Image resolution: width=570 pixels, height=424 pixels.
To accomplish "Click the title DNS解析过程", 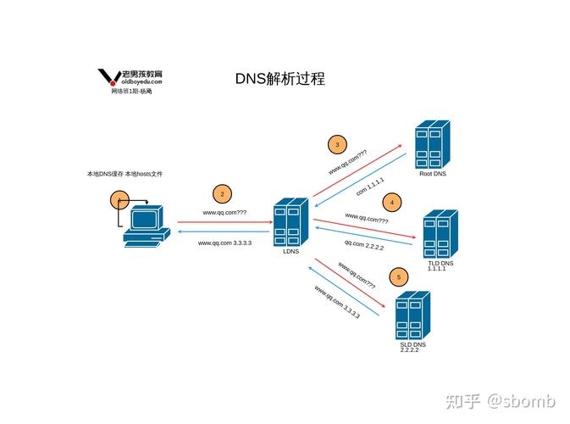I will point(279,79).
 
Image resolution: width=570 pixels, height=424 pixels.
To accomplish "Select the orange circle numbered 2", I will point(222,194).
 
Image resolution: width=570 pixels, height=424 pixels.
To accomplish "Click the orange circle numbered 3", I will point(337,143).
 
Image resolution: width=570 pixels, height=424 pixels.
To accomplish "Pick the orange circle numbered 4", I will point(391,202).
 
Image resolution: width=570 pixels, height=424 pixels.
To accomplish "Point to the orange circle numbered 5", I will point(398,277).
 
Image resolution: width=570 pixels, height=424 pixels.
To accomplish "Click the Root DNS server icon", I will point(433,145).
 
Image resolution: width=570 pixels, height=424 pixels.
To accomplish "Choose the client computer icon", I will point(142,228).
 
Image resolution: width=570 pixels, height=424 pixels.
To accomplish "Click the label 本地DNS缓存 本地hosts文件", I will point(125,174).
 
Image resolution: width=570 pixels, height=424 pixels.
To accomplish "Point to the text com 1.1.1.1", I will point(370,187).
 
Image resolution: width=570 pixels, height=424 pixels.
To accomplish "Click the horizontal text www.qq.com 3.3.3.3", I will point(224,243).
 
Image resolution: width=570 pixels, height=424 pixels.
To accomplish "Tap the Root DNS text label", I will point(432,174).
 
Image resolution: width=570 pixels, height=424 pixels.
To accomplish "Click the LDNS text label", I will point(291,251).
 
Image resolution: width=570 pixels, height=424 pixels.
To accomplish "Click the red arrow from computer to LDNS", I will point(224,221).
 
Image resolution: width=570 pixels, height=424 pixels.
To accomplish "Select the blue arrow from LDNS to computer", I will point(224,231).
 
